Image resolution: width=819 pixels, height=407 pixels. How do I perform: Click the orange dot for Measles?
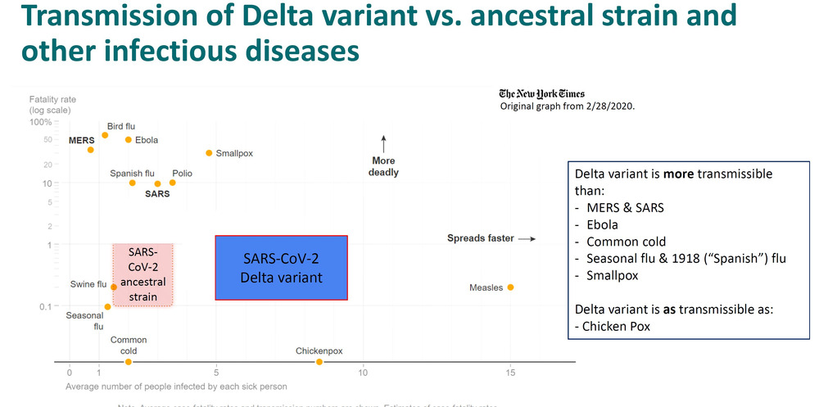[510, 287]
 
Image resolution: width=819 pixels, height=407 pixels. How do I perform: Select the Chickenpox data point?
[319, 362]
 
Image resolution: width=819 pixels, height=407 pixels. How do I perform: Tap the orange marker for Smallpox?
[209, 153]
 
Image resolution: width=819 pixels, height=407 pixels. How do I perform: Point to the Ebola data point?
[128, 139]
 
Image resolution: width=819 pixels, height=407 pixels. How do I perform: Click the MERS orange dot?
[91, 150]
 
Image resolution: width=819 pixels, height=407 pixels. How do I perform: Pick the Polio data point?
[172, 183]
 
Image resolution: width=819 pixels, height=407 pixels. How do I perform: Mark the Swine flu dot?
[114, 287]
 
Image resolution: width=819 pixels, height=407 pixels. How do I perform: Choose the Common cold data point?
[128, 362]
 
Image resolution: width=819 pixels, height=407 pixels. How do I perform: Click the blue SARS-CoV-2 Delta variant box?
[281, 268]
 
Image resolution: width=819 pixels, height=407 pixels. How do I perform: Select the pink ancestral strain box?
[143, 274]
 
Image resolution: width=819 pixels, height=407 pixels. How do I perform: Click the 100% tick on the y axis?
[41, 122]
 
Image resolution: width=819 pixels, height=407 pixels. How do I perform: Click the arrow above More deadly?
[384, 142]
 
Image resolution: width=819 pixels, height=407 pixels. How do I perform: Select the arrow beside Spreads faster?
[527, 239]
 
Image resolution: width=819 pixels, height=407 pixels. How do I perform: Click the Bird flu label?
[120, 126]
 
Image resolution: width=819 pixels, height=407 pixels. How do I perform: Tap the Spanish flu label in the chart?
[132, 174]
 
